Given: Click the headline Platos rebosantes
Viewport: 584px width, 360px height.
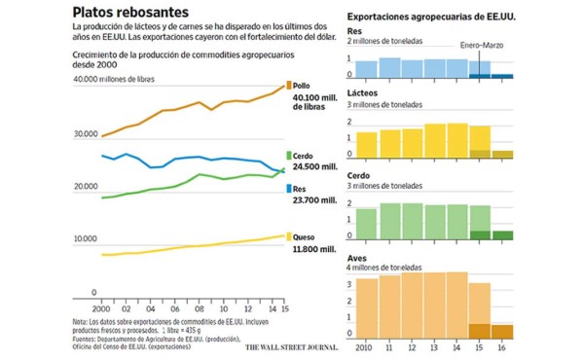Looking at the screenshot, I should pyautogui.click(x=131, y=11).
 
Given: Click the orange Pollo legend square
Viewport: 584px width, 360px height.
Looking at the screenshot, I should pyautogui.click(x=287, y=86).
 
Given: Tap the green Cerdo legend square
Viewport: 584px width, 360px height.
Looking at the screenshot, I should pyautogui.click(x=287, y=156).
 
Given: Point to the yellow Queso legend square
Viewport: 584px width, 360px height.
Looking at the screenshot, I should pyautogui.click(x=287, y=235).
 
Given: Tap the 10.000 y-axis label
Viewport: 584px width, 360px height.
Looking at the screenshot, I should pyautogui.click(x=86, y=238).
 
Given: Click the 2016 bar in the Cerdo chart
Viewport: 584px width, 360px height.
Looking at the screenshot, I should pyautogui.click(x=501, y=234).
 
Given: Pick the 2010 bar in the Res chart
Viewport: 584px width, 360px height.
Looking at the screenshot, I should pyautogui.click(x=366, y=69).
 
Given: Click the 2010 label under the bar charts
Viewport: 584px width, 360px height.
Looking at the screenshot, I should pyautogui.click(x=366, y=347).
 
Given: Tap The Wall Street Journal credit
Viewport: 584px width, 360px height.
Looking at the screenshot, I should pyautogui.click(x=290, y=346).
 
